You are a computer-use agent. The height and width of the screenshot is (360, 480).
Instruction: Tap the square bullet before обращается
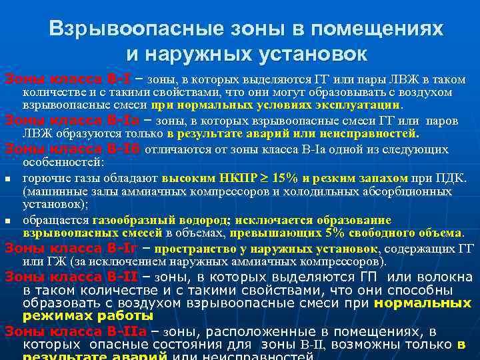[x=7, y=220]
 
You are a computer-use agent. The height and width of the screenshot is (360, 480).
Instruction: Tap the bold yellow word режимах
[x=57, y=316]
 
